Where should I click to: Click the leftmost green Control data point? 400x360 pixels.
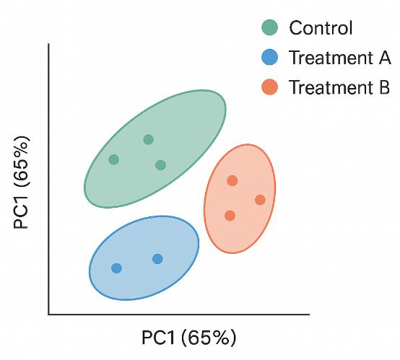coord(113,159)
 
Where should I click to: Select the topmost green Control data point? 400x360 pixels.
coord(148,139)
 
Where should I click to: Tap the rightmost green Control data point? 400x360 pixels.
coord(160,165)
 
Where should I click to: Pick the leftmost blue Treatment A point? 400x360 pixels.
coord(116,268)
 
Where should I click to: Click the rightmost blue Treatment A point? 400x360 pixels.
coord(157,259)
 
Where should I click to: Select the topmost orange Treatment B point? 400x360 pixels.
coord(232,180)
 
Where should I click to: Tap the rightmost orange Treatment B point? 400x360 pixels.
coord(260,200)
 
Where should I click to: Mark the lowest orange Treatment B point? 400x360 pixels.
coord(230,216)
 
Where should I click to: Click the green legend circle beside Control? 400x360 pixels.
coord(269,28)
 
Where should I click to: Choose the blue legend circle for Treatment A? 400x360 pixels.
coord(269,58)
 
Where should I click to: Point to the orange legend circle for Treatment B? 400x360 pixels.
coord(269,87)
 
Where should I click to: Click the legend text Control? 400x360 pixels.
coord(321,29)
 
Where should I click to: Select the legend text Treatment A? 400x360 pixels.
coord(339,58)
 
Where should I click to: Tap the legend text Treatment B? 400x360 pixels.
coord(339,88)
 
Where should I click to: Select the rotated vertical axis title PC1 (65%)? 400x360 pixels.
coord(21,181)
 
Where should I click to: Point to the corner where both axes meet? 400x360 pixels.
coord(48,315)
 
